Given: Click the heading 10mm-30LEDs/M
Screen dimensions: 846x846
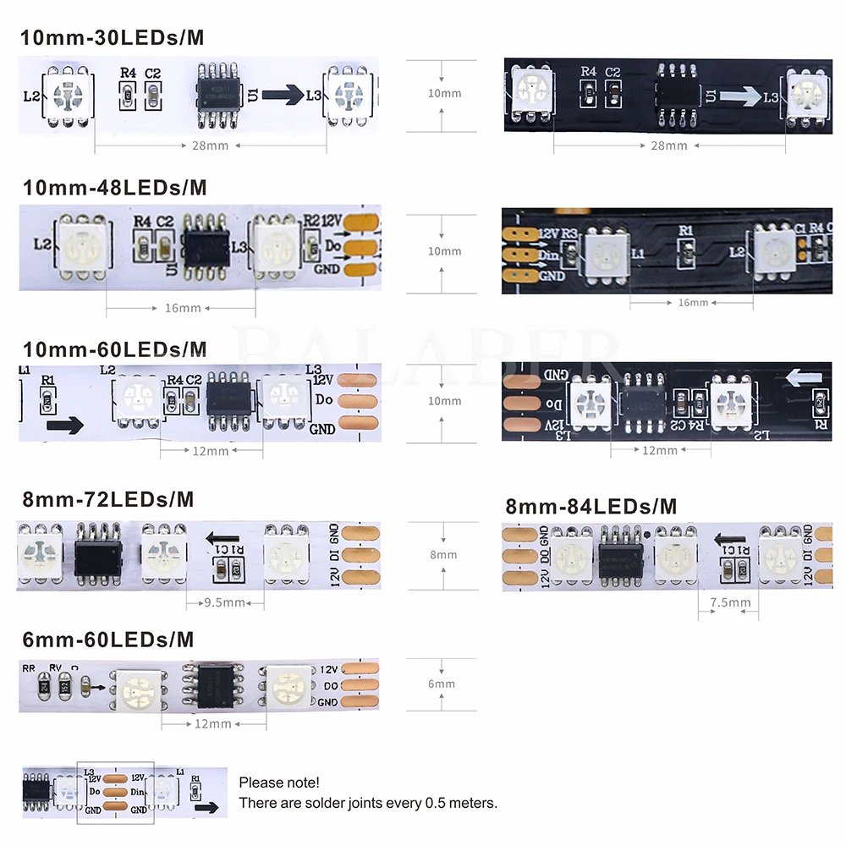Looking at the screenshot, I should pyautogui.click(x=112, y=38).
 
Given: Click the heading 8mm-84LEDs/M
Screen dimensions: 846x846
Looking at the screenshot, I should pyautogui.click(x=591, y=507).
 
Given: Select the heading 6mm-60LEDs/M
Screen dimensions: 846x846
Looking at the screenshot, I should pyautogui.click(x=107, y=638).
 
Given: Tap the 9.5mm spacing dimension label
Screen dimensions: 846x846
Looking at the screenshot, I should pyautogui.click(x=225, y=602).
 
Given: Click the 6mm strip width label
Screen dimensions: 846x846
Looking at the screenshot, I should pyautogui.click(x=442, y=684).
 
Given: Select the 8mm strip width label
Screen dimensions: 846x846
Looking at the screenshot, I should pyautogui.click(x=442, y=555).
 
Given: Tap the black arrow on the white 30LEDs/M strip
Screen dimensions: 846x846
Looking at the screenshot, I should pyautogui.click(x=283, y=96).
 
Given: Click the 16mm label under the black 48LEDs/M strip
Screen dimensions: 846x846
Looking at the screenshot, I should pyautogui.click(x=693, y=302).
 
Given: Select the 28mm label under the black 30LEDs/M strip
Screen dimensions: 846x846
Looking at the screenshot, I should pyautogui.click(x=669, y=146).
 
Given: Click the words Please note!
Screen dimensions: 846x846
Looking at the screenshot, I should pyautogui.click(x=279, y=783).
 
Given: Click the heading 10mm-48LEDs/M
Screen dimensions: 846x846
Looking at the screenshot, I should pyautogui.click(x=113, y=187).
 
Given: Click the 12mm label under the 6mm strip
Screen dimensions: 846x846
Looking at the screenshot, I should pyautogui.click(x=212, y=723).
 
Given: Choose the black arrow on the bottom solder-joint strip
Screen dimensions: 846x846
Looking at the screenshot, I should pyautogui.click(x=205, y=808).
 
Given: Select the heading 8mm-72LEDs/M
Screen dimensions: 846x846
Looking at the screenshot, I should pyautogui.click(x=107, y=499).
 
